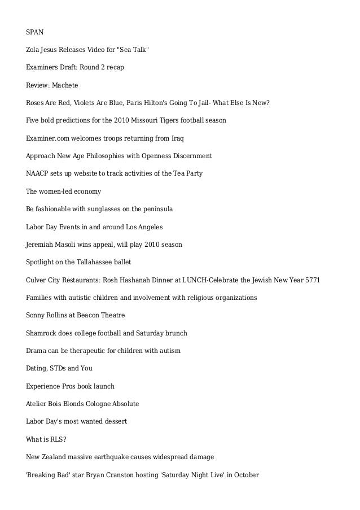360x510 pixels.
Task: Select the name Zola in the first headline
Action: pyautogui.click(x=33, y=49)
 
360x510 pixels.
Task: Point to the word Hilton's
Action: pyautogui.click(x=160, y=103)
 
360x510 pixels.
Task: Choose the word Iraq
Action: pyautogui.click(x=177, y=138)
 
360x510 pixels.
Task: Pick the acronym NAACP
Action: pyautogui.click(x=37, y=173)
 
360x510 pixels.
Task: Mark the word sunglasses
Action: pyautogui.click(x=98, y=209)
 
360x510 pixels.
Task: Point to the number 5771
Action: pyautogui.click(x=312, y=280)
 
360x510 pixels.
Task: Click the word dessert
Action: pyautogui.click(x=115, y=421)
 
